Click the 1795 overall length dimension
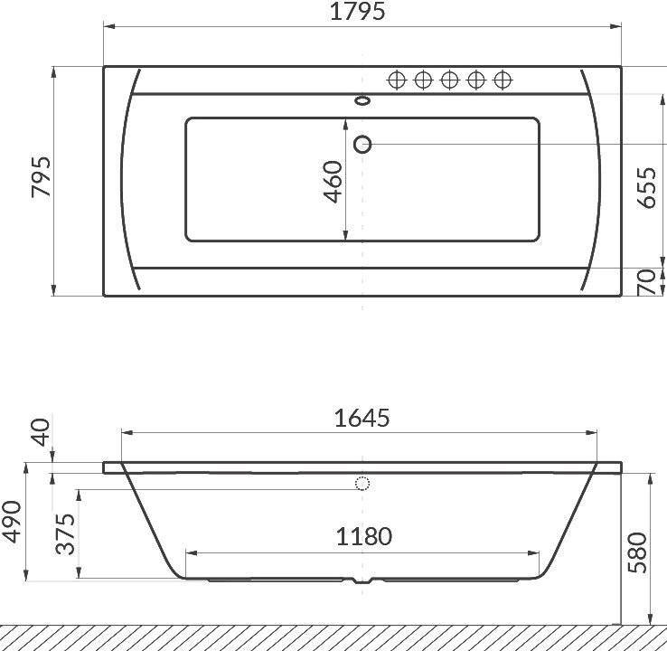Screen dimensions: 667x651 [358, 12]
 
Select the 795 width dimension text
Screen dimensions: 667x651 [42, 176]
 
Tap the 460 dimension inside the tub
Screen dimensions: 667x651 [333, 181]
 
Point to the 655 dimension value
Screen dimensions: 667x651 [646, 188]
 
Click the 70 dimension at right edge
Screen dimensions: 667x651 [646, 282]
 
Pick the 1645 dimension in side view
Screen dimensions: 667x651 [362, 418]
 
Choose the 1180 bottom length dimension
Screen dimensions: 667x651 [363, 536]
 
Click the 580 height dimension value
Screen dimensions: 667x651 [637, 552]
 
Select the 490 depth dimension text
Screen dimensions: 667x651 [12, 522]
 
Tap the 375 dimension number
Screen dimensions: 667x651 [66, 534]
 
